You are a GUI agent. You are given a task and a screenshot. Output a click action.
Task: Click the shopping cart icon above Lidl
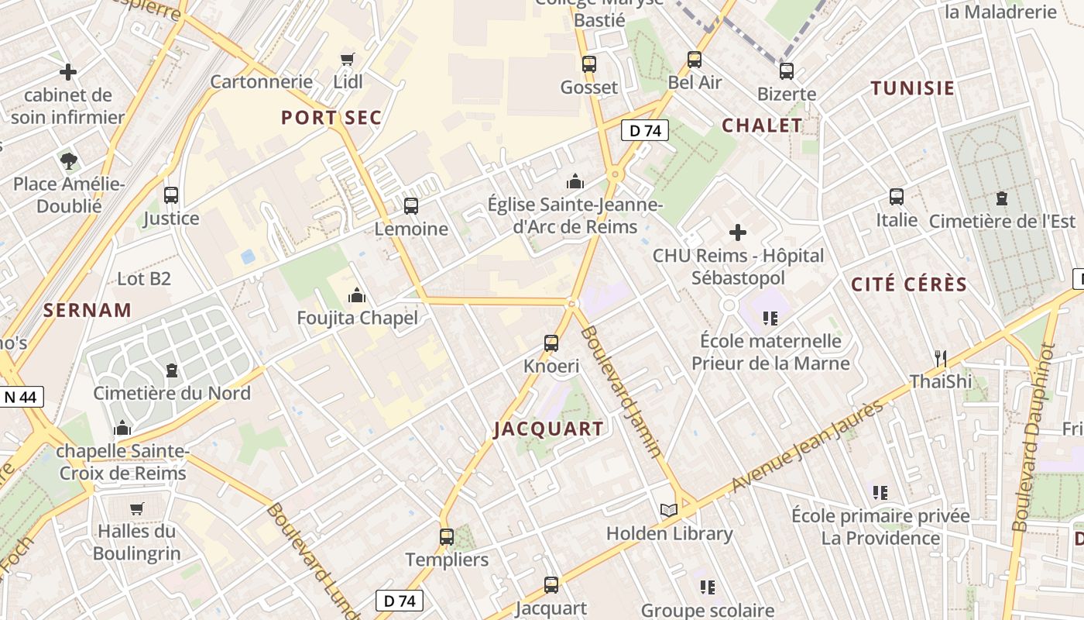tap(348, 59)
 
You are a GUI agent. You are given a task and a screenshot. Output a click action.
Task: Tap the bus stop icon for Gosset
tap(589, 64)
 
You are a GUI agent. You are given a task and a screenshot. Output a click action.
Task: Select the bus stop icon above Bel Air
tap(695, 60)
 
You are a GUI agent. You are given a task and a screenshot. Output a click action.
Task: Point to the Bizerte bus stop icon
tap(787, 71)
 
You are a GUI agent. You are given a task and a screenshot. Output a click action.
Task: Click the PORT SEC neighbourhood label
tap(331, 118)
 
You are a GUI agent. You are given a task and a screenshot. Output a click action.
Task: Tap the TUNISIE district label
tap(913, 88)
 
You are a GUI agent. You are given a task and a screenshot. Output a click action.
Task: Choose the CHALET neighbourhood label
tap(762, 126)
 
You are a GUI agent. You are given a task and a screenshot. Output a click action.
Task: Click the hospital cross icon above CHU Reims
tap(738, 232)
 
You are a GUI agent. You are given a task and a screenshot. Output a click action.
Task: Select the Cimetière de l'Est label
tap(1002, 221)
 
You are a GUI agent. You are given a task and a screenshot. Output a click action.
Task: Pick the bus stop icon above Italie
tap(897, 197)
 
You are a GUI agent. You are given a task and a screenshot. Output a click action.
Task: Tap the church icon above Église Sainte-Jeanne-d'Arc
tap(575, 182)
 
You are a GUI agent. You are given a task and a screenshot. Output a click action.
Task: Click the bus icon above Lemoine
tap(411, 206)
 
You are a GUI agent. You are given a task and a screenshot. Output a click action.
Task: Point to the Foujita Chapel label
tap(358, 318)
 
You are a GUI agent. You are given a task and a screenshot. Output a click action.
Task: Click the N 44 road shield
tap(20, 398)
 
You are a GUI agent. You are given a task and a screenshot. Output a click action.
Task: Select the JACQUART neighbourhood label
tap(549, 429)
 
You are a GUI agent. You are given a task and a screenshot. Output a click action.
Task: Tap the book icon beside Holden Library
tap(669, 510)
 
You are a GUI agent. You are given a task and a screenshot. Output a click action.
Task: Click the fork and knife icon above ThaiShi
tap(941, 358)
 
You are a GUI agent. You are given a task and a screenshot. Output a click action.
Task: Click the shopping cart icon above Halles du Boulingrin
tap(137, 508)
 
